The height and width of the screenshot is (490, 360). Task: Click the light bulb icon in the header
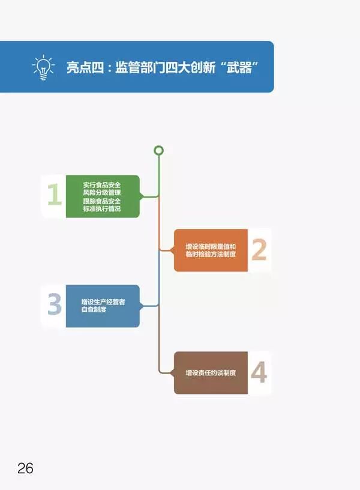pos(43,67)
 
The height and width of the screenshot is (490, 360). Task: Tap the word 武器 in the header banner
pos(242,67)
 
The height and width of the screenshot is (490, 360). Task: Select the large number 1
pos(54,195)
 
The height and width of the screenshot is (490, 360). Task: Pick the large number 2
pos(259,250)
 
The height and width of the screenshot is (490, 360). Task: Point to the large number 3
pos(54,305)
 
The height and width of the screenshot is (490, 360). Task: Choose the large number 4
pos(258,373)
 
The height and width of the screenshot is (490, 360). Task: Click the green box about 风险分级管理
pos(103,196)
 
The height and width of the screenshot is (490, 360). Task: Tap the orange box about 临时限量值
pos(211,250)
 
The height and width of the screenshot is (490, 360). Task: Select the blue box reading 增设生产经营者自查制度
pos(103,306)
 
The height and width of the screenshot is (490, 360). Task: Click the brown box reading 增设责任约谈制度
pos(211,373)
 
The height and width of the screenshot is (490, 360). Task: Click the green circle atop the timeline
pos(158,150)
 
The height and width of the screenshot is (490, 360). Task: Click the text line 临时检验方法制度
pos(211,255)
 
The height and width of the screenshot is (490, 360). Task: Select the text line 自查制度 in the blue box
pos(95,310)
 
